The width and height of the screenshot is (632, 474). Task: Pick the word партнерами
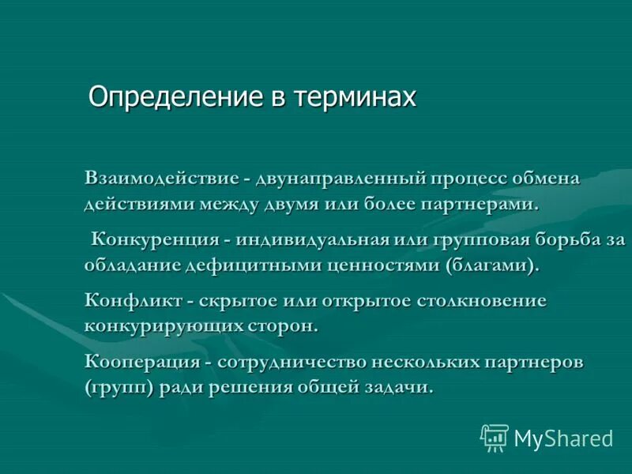tap(481, 204)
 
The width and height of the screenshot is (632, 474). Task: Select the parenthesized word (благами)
tap(492, 265)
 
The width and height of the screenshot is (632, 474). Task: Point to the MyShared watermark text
tap(564, 438)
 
